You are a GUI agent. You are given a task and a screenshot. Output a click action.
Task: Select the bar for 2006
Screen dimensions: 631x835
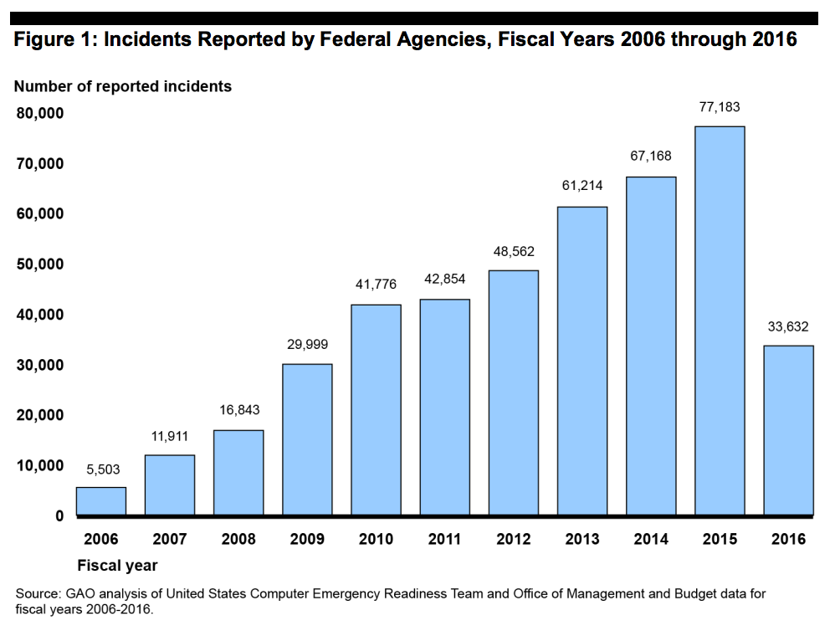(x=101, y=500)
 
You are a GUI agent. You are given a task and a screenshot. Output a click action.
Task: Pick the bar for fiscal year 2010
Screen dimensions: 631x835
(x=376, y=409)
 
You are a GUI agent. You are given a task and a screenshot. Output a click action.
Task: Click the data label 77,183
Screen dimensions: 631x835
(x=720, y=107)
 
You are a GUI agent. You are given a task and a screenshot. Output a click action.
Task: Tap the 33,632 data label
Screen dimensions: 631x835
(x=788, y=326)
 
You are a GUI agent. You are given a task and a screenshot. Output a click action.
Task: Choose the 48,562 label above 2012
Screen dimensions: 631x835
(x=514, y=251)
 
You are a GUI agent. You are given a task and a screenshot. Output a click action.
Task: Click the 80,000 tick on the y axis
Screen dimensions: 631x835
(x=40, y=113)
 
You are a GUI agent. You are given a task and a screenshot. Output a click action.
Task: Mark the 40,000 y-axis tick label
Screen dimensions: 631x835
(x=40, y=315)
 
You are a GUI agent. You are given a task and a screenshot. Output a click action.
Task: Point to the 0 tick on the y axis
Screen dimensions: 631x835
(x=59, y=516)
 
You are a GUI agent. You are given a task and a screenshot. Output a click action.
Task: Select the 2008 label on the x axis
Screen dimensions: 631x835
(x=238, y=539)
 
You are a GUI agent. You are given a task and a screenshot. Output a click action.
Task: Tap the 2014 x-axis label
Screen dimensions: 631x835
(x=651, y=539)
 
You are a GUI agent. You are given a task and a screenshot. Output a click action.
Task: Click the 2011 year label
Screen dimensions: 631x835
(x=444, y=539)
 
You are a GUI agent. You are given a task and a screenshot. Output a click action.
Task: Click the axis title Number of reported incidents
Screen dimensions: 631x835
(x=123, y=85)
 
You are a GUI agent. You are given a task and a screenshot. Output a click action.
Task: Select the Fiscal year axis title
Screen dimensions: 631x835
(x=117, y=565)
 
